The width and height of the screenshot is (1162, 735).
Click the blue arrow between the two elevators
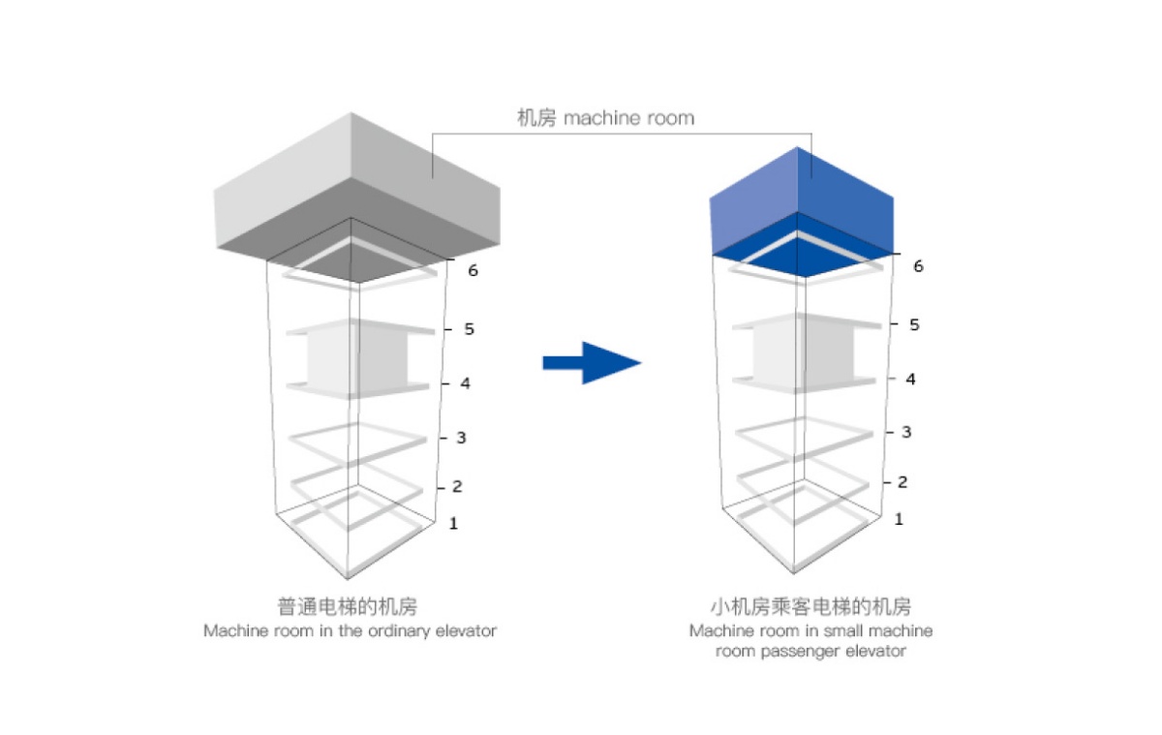pos(593,363)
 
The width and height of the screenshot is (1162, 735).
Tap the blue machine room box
pos(802,213)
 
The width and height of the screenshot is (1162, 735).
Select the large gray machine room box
pos(357,199)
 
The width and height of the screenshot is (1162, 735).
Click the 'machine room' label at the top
pos(605,118)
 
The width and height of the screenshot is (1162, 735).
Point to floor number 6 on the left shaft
pos(473,270)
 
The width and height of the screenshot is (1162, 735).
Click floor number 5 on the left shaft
pos(469,329)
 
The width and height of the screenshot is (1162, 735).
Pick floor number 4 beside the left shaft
pos(465,383)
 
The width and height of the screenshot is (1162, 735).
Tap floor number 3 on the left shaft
pos(461,438)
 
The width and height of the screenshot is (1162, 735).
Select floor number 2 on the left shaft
pos(457,486)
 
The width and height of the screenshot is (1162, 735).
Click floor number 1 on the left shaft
pos(453,523)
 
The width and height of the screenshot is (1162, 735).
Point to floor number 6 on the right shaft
pos(918,266)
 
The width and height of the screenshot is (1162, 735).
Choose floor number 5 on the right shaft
pos(914,324)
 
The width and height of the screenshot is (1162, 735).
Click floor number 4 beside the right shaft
pos(910,380)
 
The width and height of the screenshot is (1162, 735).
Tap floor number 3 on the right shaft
pos(906,432)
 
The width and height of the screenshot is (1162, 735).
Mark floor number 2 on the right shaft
pos(902,482)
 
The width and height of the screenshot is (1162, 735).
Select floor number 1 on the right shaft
pos(899,519)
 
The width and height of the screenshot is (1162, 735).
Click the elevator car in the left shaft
pos(357,359)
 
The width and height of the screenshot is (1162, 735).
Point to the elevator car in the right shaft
pos(804,353)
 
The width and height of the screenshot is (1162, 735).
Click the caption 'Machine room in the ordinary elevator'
pos(351,631)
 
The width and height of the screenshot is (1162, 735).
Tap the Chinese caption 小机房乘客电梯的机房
pos(810,606)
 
